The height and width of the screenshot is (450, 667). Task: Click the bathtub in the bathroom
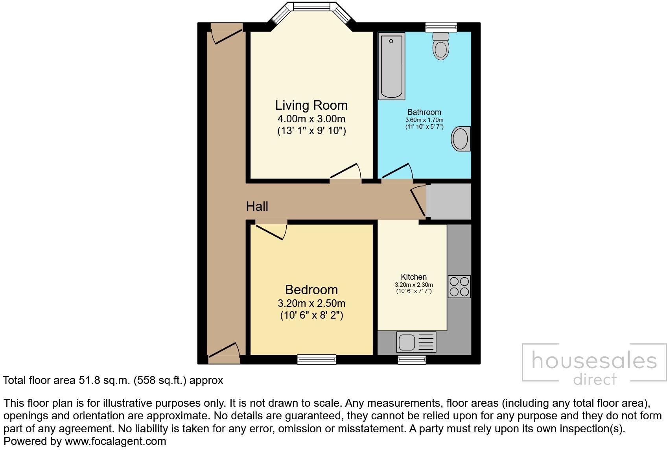click(x=391, y=66)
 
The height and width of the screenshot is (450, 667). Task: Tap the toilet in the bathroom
click(x=441, y=46)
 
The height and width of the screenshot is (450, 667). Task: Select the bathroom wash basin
click(x=461, y=138)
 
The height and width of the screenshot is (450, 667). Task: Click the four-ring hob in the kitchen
click(x=459, y=286)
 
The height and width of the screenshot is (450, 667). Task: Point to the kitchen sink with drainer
click(x=416, y=341)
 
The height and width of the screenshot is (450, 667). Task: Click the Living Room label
click(x=311, y=105)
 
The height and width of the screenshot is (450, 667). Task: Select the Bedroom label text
click(x=311, y=290)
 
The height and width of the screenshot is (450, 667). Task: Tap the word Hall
click(x=257, y=206)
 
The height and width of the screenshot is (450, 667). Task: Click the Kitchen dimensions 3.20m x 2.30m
click(x=414, y=285)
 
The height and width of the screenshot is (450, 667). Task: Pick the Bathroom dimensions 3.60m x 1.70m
click(x=424, y=120)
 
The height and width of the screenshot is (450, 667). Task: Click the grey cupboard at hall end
click(x=449, y=201)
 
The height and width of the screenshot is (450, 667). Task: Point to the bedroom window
click(x=317, y=359)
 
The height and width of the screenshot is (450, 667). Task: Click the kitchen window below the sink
click(x=411, y=359)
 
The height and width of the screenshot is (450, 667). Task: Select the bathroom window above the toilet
click(x=441, y=27)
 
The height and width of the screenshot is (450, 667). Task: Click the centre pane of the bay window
click(x=311, y=7)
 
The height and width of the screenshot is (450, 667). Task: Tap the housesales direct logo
click(x=594, y=363)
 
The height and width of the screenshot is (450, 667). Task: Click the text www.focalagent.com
click(x=115, y=441)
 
